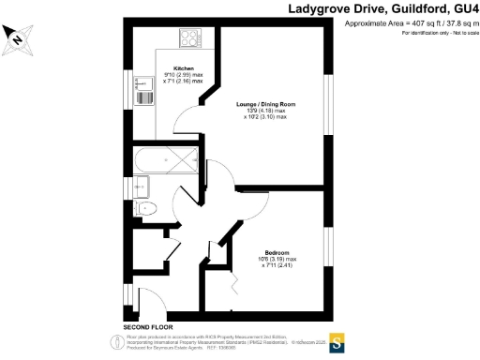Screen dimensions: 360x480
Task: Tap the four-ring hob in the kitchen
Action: click(190, 39)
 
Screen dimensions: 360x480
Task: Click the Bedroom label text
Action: click(277, 252)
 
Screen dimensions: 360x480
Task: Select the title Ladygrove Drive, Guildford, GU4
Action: click(382, 8)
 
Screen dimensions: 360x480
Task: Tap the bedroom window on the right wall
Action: click(328, 240)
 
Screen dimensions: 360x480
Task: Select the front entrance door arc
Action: click(152, 302)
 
